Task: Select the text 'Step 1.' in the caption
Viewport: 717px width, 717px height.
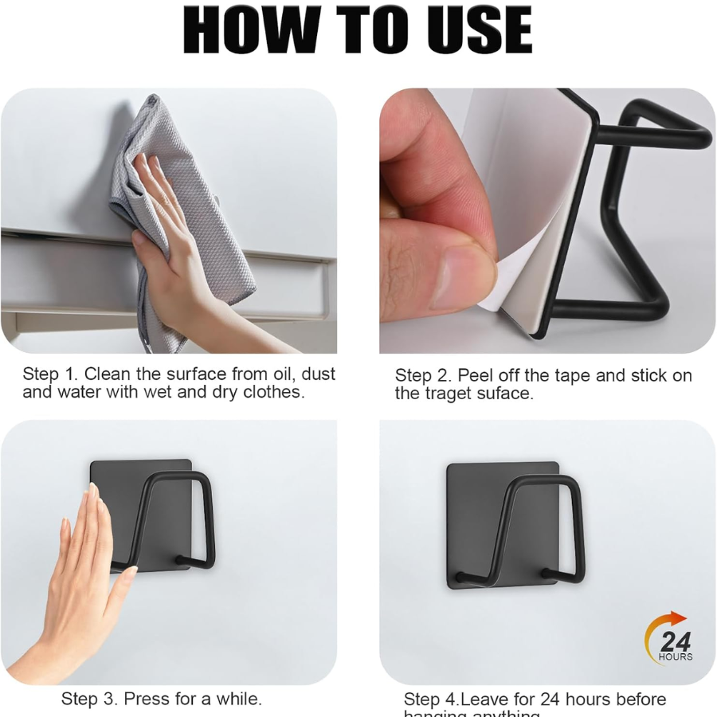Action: point(50,374)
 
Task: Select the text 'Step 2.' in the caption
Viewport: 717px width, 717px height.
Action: point(423,376)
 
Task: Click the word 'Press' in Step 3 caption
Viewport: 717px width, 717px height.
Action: point(147,699)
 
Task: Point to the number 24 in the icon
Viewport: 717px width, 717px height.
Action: point(675,641)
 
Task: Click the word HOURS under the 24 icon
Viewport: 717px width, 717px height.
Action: point(675,657)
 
